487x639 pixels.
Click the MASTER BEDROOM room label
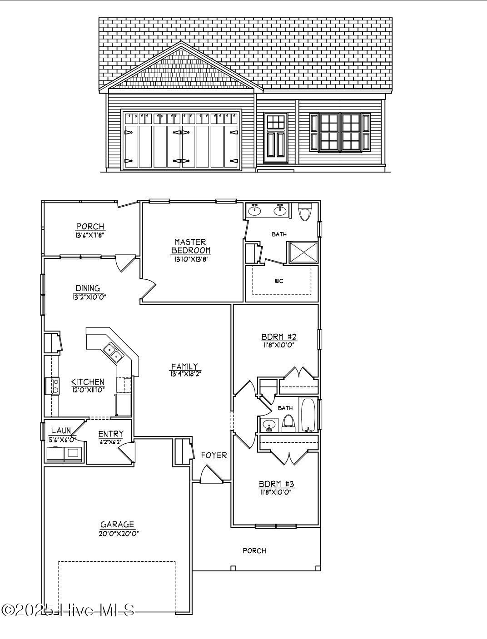(x=191, y=246)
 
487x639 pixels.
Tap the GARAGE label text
(x=117, y=525)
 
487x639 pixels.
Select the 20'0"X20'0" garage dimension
(x=119, y=533)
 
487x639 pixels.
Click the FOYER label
(x=214, y=455)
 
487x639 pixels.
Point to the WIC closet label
(x=279, y=281)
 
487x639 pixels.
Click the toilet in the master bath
(x=304, y=212)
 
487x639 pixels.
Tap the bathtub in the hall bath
(x=308, y=415)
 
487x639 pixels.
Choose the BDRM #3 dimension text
(x=275, y=492)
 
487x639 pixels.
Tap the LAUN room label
(x=61, y=431)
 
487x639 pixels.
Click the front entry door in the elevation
(x=275, y=139)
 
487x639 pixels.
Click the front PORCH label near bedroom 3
(x=254, y=551)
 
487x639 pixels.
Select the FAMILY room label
(x=184, y=367)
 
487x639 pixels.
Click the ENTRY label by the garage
(x=110, y=434)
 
